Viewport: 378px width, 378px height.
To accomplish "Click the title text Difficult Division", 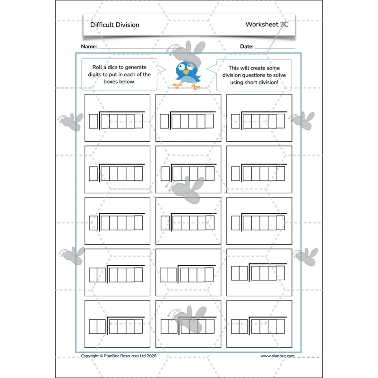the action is [x=114, y=25].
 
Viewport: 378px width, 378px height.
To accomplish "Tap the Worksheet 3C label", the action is [x=266, y=24].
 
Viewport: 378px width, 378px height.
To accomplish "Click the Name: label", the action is [x=89, y=46].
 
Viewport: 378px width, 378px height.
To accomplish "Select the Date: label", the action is [x=247, y=46].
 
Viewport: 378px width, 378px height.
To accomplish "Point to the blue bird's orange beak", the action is [x=186, y=72].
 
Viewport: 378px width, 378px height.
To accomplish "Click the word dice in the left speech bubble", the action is [x=112, y=67].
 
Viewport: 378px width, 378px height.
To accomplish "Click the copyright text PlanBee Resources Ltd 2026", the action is [x=130, y=356].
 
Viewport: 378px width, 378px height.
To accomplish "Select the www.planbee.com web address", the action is [x=277, y=356].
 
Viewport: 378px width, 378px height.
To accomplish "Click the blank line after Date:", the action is [x=275, y=49].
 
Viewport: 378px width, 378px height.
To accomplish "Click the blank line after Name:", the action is [x=140, y=49].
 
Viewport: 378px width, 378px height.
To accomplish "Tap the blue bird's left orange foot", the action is [x=177, y=86].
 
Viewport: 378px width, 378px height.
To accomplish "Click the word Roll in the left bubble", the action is [x=97, y=67].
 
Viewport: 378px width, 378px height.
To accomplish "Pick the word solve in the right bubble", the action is [x=279, y=75].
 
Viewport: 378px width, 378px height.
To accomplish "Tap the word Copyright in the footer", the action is [x=90, y=356].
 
